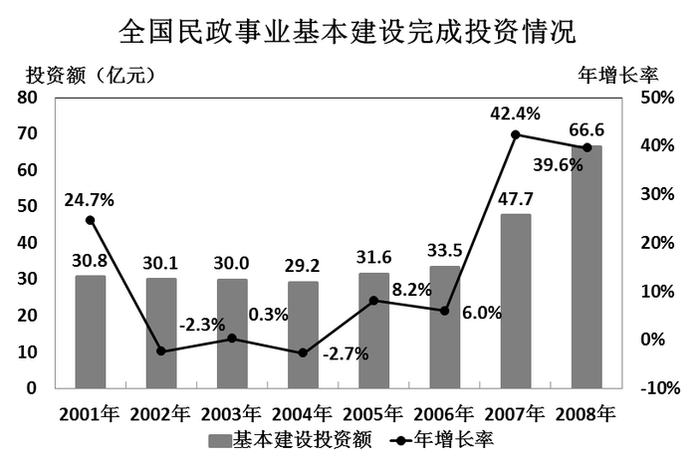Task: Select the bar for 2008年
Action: (586, 267)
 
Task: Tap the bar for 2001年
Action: (90, 332)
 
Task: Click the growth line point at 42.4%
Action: (516, 134)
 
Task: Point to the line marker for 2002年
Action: (161, 351)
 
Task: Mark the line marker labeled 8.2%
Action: (373, 300)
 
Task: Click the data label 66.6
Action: (586, 129)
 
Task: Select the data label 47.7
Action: (515, 198)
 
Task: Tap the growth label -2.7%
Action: (346, 353)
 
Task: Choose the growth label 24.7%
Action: (90, 199)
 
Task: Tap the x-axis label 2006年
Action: (444, 412)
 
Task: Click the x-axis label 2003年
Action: (231, 412)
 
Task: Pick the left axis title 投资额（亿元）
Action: (91, 74)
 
